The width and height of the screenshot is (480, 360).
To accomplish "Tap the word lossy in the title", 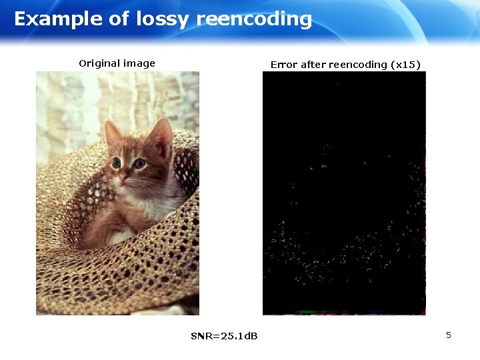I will [164, 19].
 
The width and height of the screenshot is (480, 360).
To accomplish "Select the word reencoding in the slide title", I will [254, 19].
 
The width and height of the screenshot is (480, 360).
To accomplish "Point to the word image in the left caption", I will [138, 64].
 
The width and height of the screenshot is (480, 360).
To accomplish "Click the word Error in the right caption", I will [284, 65].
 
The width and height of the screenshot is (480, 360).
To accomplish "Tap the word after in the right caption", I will [313, 65].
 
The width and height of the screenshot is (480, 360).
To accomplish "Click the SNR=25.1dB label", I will [224, 335].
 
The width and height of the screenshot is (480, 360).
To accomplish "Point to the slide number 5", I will [449, 335].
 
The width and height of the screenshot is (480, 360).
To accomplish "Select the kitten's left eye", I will [116, 163].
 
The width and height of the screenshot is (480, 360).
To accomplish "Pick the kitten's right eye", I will [139, 163].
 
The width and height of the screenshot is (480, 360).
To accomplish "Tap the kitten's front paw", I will [121, 236].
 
